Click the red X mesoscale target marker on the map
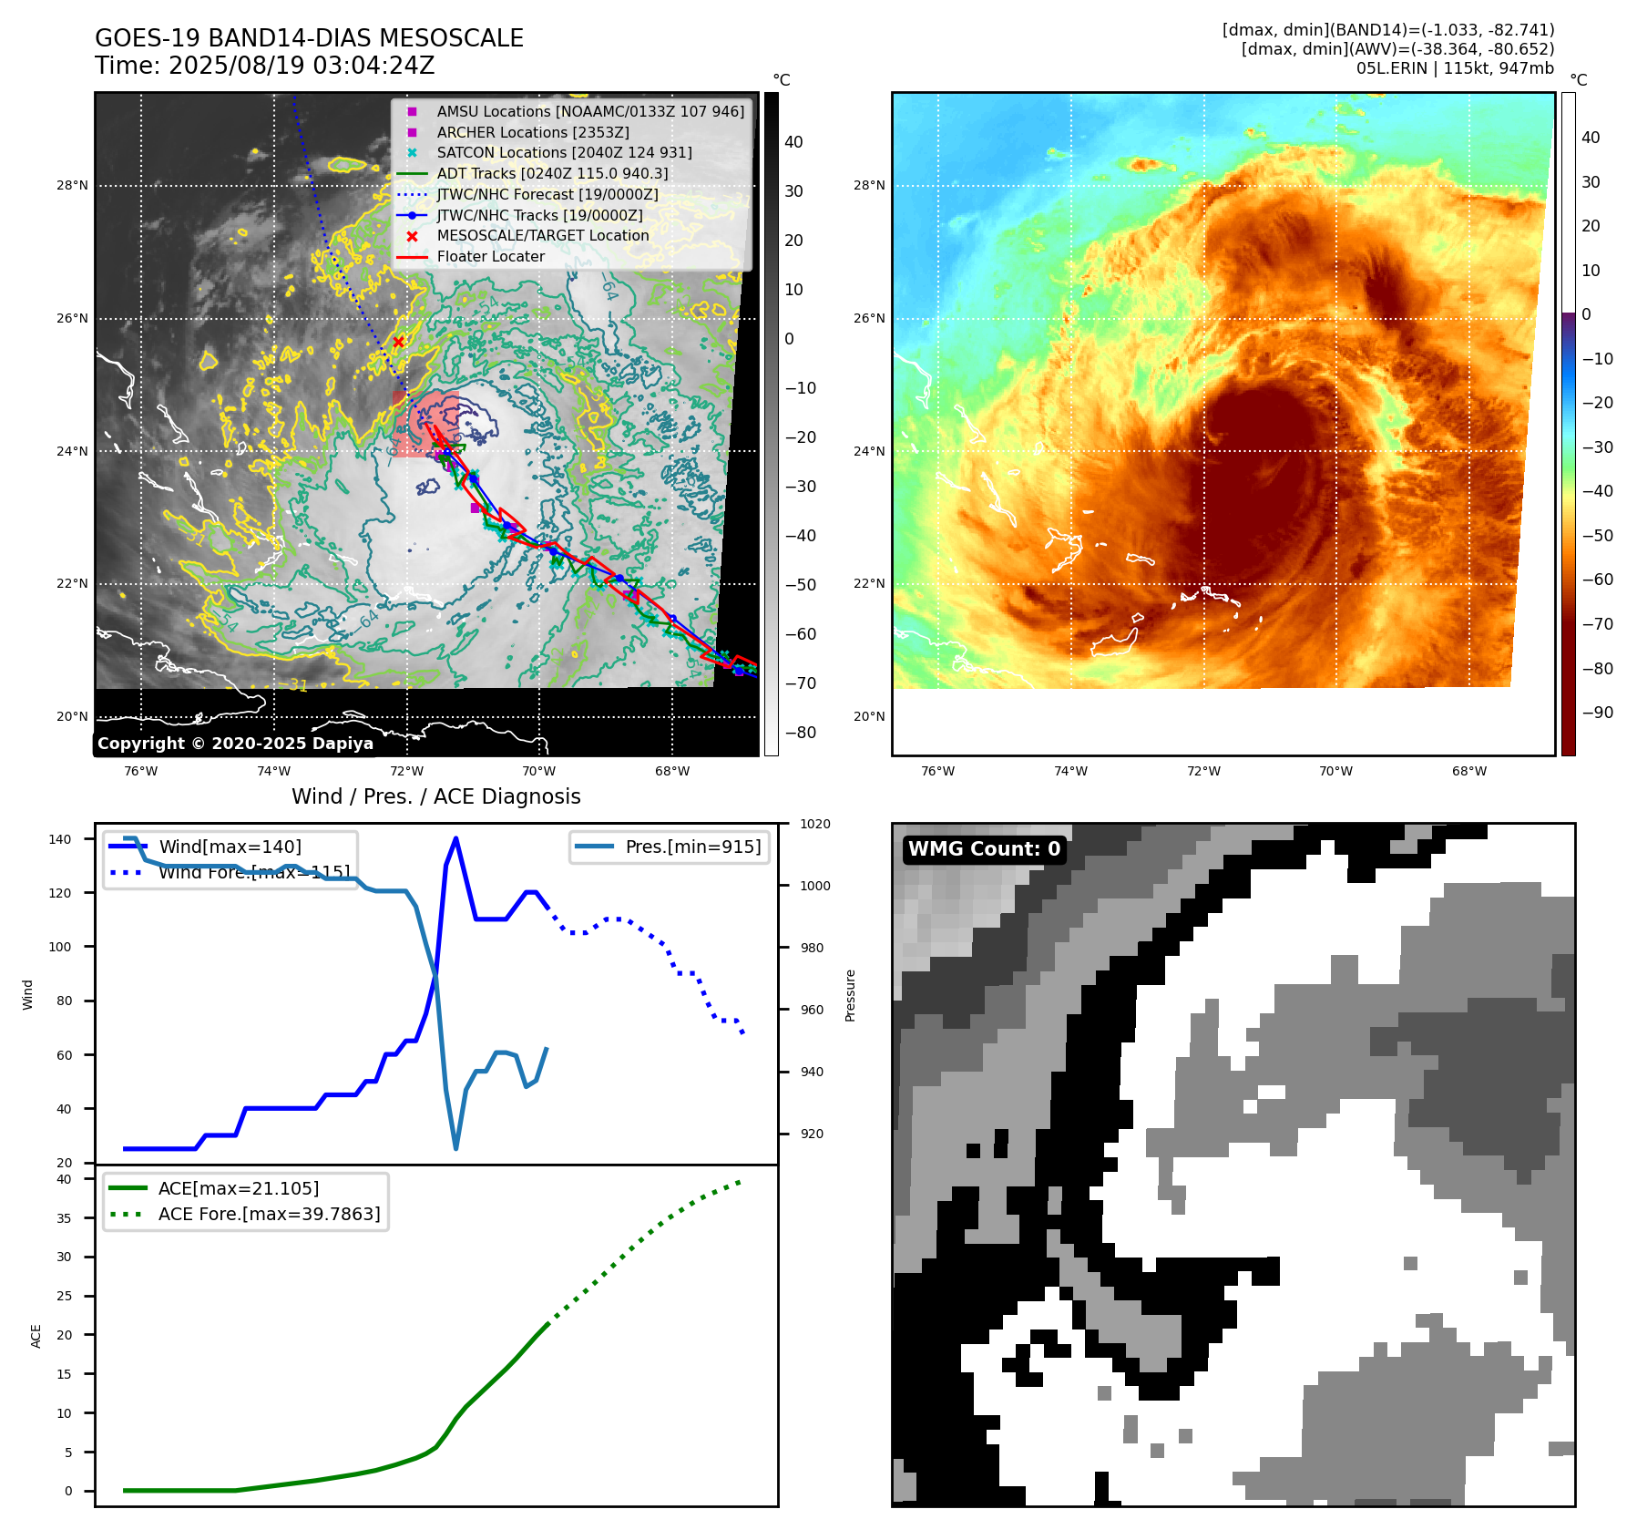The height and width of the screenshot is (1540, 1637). pyautogui.click(x=398, y=342)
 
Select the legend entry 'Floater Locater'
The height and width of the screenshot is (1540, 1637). pyautogui.click(x=490, y=257)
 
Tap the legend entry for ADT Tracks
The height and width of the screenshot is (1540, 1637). pyautogui.click(x=552, y=173)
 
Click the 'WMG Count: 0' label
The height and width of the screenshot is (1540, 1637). pyautogui.click(x=984, y=849)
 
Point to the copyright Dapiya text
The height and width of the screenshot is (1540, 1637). pyautogui.click(x=235, y=744)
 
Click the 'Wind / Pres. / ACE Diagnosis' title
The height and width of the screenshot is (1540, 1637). pyautogui.click(x=435, y=796)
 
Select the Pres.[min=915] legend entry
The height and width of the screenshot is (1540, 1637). pyautogui.click(x=692, y=847)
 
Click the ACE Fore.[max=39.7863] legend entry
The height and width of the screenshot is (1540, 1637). pyautogui.click(x=269, y=1214)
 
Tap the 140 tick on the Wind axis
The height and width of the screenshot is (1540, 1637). pyautogui.click(x=60, y=839)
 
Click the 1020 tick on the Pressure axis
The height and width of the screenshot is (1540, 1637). pyautogui.click(x=815, y=824)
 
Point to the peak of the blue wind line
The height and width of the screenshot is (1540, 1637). pyautogui.click(x=455, y=838)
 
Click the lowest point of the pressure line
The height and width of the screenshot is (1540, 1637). pyautogui.click(x=455, y=1148)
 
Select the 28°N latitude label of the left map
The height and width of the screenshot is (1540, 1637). pyautogui.click(x=72, y=186)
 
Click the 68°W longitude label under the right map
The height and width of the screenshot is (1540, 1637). pyautogui.click(x=1468, y=771)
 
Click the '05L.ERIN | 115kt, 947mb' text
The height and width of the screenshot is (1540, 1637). pyautogui.click(x=1455, y=68)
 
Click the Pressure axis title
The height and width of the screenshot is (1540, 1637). pyautogui.click(x=850, y=995)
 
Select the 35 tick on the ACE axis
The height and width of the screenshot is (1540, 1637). pyautogui.click(x=64, y=1218)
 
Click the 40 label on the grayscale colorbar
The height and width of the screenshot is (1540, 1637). pyautogui.click(x=793, y=142)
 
